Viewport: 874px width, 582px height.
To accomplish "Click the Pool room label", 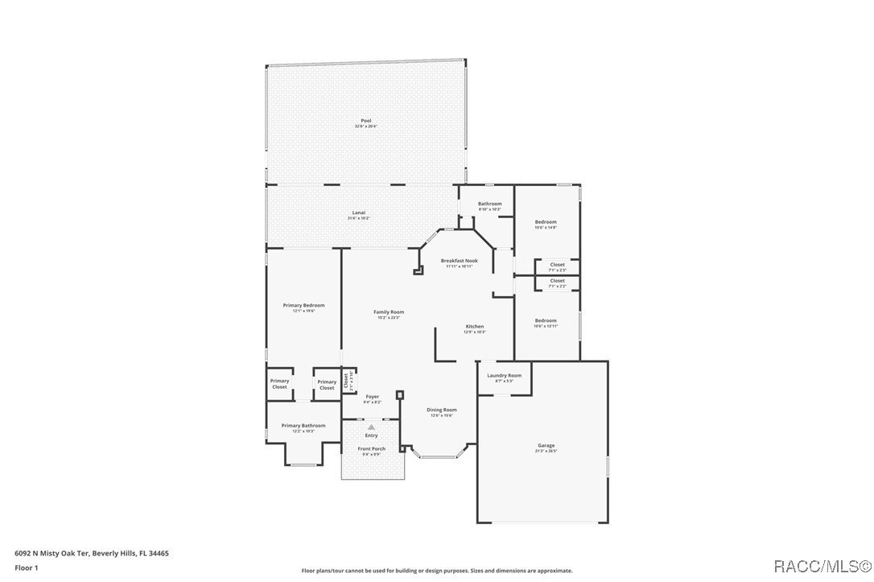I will pyautogui.click(x=366, y=121).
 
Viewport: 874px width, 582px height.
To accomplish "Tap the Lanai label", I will pyautogui.click(x=359, y=213).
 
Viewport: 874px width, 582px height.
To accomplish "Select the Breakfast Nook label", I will pyautogui.click(x=460, y=261).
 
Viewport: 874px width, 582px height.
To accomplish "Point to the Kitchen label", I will pyautogui.click(x=475, y=326).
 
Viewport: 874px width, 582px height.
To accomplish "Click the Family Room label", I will pyautogui.click(x=389, y=312).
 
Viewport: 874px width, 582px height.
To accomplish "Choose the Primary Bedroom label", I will pyautogui.click(x=303, y=305).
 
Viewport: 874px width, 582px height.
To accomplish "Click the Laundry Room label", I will pyautogui.click(x=505, y=375).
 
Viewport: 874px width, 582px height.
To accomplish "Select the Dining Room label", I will pyautogui.click(x=441, y=410).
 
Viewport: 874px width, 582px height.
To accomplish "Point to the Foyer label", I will pyautogui.click(x=372, y=396).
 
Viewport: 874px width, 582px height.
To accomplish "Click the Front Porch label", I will pyautogui.click(x=371, y=448).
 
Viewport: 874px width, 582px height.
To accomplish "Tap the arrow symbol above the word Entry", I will pyautogui.click(x=371, y=427).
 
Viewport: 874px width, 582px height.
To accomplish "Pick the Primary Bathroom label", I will pyautogui.click(x=303, y=425).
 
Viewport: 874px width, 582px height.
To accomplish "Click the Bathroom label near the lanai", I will pyautogui.click(x=489, y=204).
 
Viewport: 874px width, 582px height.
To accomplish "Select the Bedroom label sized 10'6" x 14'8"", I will pyautogui.click(x=546, y=221).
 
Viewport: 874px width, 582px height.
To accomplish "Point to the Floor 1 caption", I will pyautogui.click(x=26, y=568).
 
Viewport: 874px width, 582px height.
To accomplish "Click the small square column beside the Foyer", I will pyautogui.click(x=400, y=394).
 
